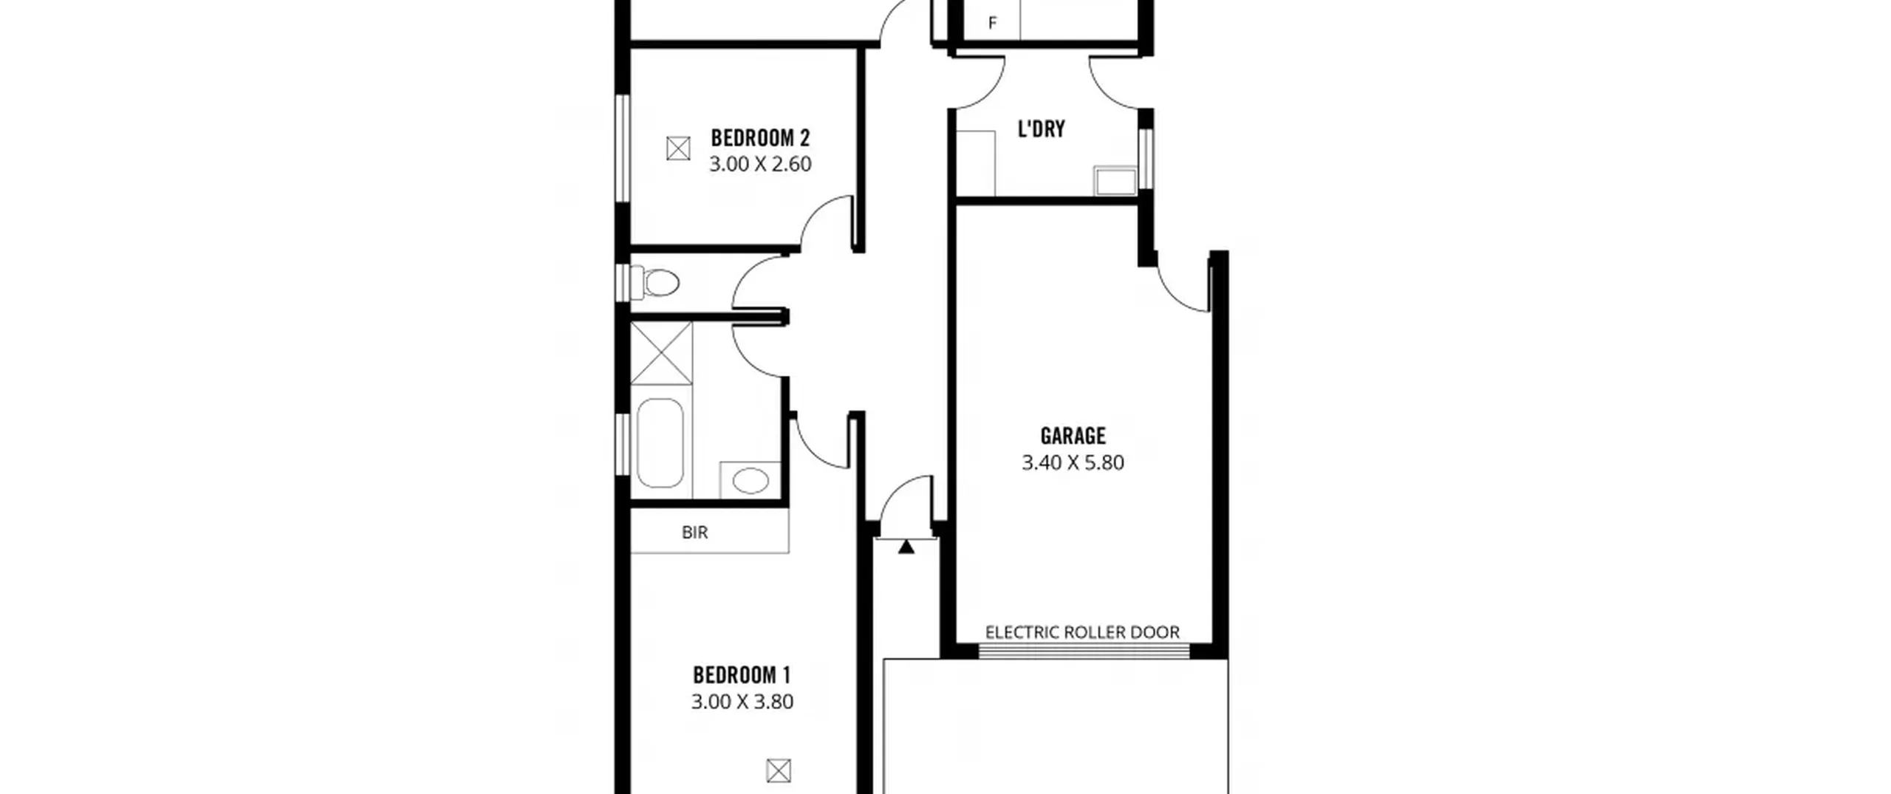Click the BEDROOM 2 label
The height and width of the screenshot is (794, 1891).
[x=760, y=138]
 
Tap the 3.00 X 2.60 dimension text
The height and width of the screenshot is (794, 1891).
[x=760, y=164]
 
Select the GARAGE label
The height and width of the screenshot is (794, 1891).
[x=1073, y=436]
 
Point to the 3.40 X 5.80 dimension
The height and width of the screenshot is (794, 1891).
[x=1073, y=463]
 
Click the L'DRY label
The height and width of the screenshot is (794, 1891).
[x=1042, y=129]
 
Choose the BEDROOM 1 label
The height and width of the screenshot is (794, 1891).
[x=742, y=675]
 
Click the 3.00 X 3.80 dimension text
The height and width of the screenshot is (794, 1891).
[x=742, y=702]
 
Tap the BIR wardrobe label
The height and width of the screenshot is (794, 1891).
[x=694, y=533]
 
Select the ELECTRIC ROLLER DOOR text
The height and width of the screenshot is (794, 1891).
[x=1082, y=633]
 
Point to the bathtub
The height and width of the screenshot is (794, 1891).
[x=660, y=443]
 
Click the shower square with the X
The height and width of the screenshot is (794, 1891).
[x=661, y=353]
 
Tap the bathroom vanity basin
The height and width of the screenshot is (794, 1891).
[x=750, y=481]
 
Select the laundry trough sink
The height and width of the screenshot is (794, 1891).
[x=1115, y=181]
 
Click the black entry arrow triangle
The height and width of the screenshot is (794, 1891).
[x=906, y=547]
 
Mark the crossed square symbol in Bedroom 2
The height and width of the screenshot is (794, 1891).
[x=678, y=149]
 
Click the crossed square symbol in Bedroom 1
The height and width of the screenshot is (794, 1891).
[x=779, y=771]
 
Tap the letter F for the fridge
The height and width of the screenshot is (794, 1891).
[x=993, y=24]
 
